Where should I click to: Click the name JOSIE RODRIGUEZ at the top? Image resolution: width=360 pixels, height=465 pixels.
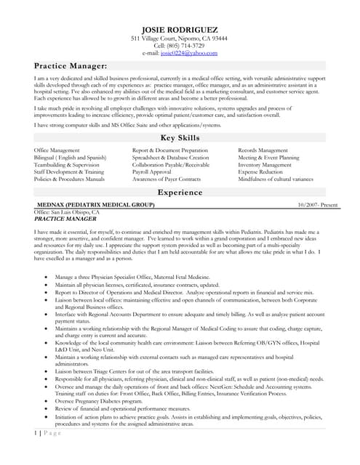(x=179, y=28)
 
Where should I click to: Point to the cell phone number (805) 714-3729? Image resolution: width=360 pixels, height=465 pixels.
(x=179, y=45)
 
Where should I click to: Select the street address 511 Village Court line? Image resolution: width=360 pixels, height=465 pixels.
(x=179, y=38)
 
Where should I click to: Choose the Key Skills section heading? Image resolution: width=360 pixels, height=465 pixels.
(x=179, y=137)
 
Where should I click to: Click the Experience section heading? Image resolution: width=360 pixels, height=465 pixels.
(x=179, y=193)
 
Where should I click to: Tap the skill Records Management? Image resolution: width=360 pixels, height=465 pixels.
(x=263, y=150)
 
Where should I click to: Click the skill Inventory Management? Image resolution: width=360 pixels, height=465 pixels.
(x=265, y=164)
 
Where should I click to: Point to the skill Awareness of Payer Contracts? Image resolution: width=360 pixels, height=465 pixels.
(x=167, y=179)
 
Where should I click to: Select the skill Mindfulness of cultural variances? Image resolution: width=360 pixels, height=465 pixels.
(x=276, y=179)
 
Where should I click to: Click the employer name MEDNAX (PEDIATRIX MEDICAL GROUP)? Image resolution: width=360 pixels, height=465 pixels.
(x=95, y=206)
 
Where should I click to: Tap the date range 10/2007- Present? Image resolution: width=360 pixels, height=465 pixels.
(x=318, y=206)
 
